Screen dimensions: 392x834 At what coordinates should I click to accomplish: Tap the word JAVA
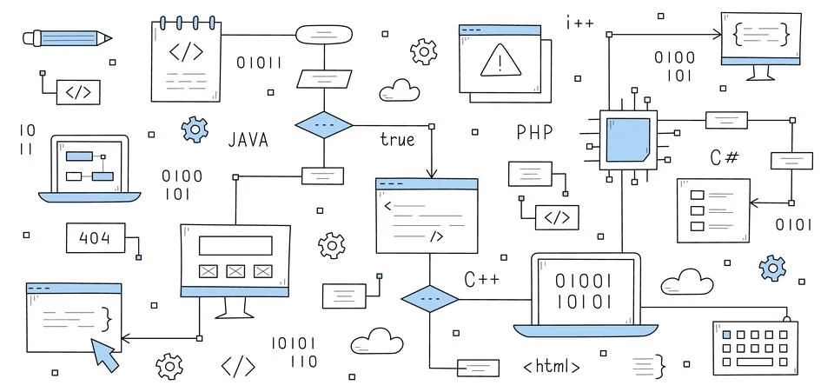(x=248, y=140)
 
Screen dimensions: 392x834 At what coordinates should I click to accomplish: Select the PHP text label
(x=534, y=133)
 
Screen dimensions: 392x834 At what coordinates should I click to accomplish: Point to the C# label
(x=725, y=157)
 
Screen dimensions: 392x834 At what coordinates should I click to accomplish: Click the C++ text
(x=480, y=280)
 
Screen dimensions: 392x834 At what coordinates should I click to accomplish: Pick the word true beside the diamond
(x=397, y=139)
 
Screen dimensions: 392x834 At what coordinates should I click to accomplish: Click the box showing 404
(x=95, y=238)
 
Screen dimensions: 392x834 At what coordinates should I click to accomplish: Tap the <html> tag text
(x=552, y=366)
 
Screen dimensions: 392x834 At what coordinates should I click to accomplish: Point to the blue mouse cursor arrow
(x=106, y=354)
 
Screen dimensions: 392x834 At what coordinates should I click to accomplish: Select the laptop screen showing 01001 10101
(x=584, y=292)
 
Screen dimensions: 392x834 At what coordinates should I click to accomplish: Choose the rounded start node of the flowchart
(x=324, y=36)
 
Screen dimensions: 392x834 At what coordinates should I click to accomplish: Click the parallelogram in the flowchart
(x=324, y=79)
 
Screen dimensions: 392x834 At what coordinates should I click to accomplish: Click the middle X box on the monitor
(x=235, y=271)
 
